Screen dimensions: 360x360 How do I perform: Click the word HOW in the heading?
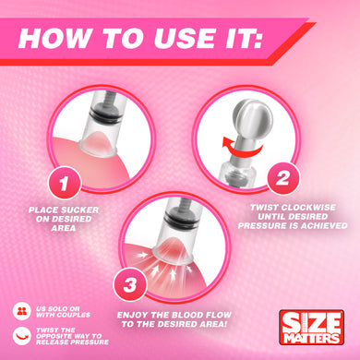54,38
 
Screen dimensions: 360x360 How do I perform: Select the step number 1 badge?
65,183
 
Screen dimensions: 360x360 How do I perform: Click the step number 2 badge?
282,178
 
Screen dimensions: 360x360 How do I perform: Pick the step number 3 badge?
130,284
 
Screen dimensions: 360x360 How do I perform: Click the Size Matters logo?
311,327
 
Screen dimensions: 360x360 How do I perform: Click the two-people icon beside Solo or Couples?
22,311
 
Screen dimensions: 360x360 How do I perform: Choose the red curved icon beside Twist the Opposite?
22,336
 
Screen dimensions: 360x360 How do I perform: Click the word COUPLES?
73,315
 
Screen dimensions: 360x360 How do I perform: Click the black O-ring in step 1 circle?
103,115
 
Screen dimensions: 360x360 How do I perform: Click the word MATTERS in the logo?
311,337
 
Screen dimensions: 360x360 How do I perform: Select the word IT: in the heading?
244,38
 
